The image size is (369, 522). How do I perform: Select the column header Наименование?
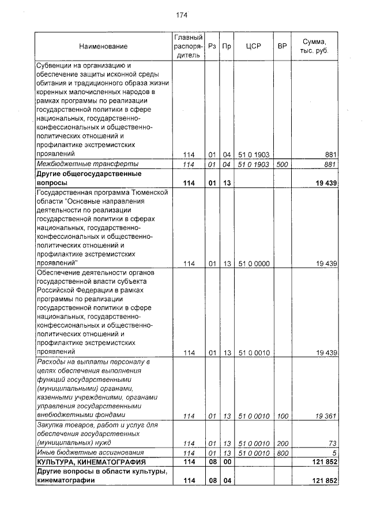tap(103, 46)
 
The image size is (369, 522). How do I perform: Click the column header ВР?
tap(282, 46)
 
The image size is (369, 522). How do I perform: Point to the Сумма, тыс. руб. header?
tap(315, 46)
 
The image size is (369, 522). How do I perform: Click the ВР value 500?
tap(282, 164)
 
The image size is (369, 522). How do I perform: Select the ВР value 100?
tap(282, 415)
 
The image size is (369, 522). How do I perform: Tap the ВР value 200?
tap(282, 443)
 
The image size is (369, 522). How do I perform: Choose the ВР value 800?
tap(282, 453)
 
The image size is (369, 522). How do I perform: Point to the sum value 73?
tap(332, 443)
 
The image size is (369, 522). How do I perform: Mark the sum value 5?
tap(334, 453)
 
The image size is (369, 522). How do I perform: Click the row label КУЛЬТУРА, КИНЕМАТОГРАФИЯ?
tap(91, 462)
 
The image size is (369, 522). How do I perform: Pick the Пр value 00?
tap(227, 462)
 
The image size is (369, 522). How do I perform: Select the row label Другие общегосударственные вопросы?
tap(89, 178)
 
